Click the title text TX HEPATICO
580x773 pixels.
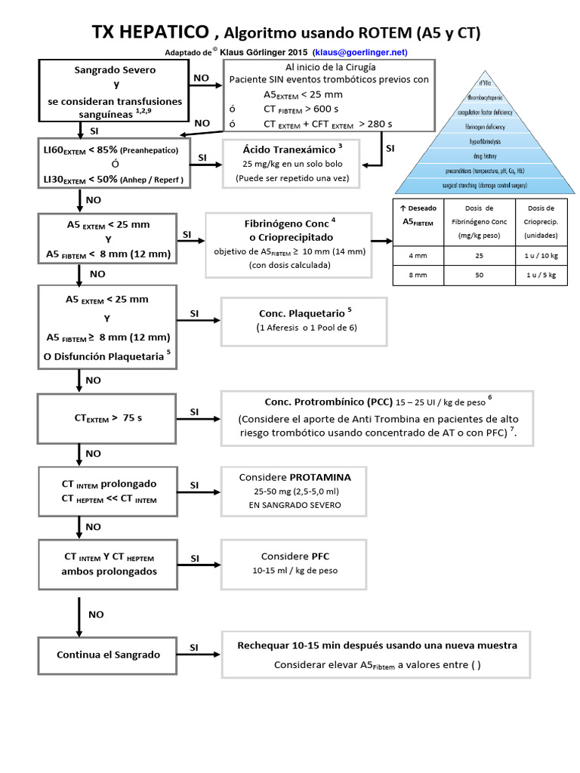(150, 32)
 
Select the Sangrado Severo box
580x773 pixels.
(115, 91)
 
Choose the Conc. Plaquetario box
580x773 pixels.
(303, 320)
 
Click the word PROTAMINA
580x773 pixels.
(320, 477)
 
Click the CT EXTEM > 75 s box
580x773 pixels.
(107, 417)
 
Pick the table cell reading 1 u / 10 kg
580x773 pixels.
(541, 255)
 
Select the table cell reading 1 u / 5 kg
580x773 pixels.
(541, 276)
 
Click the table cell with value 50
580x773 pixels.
(478, 276)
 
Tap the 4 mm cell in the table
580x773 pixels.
(417, 255)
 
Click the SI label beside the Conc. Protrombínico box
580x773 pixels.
(194, 411)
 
